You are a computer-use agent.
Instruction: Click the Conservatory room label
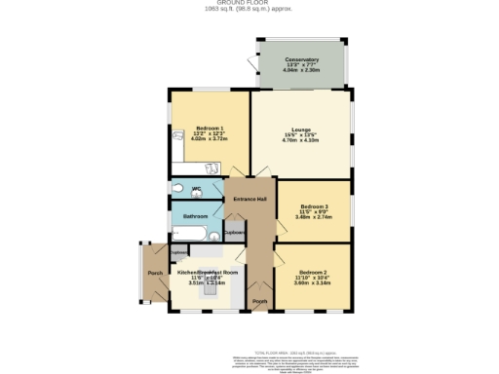[301, 59]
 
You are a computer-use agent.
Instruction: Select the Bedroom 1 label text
[210, 129]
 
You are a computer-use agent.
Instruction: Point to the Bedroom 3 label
[314, 206]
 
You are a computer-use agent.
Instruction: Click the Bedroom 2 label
[313, 272]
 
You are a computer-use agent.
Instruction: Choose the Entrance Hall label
[250, 200]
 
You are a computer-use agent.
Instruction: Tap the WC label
[196, 189]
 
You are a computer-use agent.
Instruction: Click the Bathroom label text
[185, 217]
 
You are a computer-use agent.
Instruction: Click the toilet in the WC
[177, 189]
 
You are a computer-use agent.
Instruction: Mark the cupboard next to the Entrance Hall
[235, 233]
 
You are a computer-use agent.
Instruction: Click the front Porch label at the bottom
[259, 302]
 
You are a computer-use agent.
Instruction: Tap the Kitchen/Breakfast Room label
[207, 272]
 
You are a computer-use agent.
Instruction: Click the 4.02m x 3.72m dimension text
[210, 140]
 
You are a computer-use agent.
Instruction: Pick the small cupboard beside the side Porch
[179, 252]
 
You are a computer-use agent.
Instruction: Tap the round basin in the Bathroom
[213, 235]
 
